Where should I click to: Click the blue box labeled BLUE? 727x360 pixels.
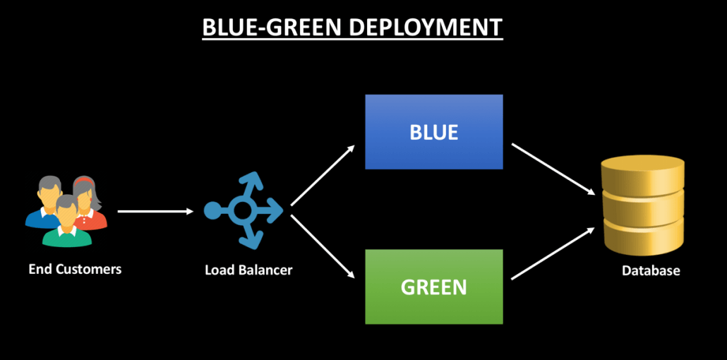(x=433, y=132)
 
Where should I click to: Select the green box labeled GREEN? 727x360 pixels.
(x=433, y=287)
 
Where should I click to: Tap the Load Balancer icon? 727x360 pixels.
(x=244, y=210)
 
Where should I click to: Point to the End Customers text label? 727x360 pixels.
(x=75, y=269)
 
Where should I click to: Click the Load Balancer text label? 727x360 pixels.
(x=248, y=270)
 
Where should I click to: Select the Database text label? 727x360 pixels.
(x=651, y=270)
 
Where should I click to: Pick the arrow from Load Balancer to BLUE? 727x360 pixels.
(x=323, y=174)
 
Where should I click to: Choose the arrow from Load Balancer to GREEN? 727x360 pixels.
(x=323, y=246)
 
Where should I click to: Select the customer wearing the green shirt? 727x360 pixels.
(x=66, y=222)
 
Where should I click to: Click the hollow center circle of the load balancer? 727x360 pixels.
(x=244, y=210)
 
